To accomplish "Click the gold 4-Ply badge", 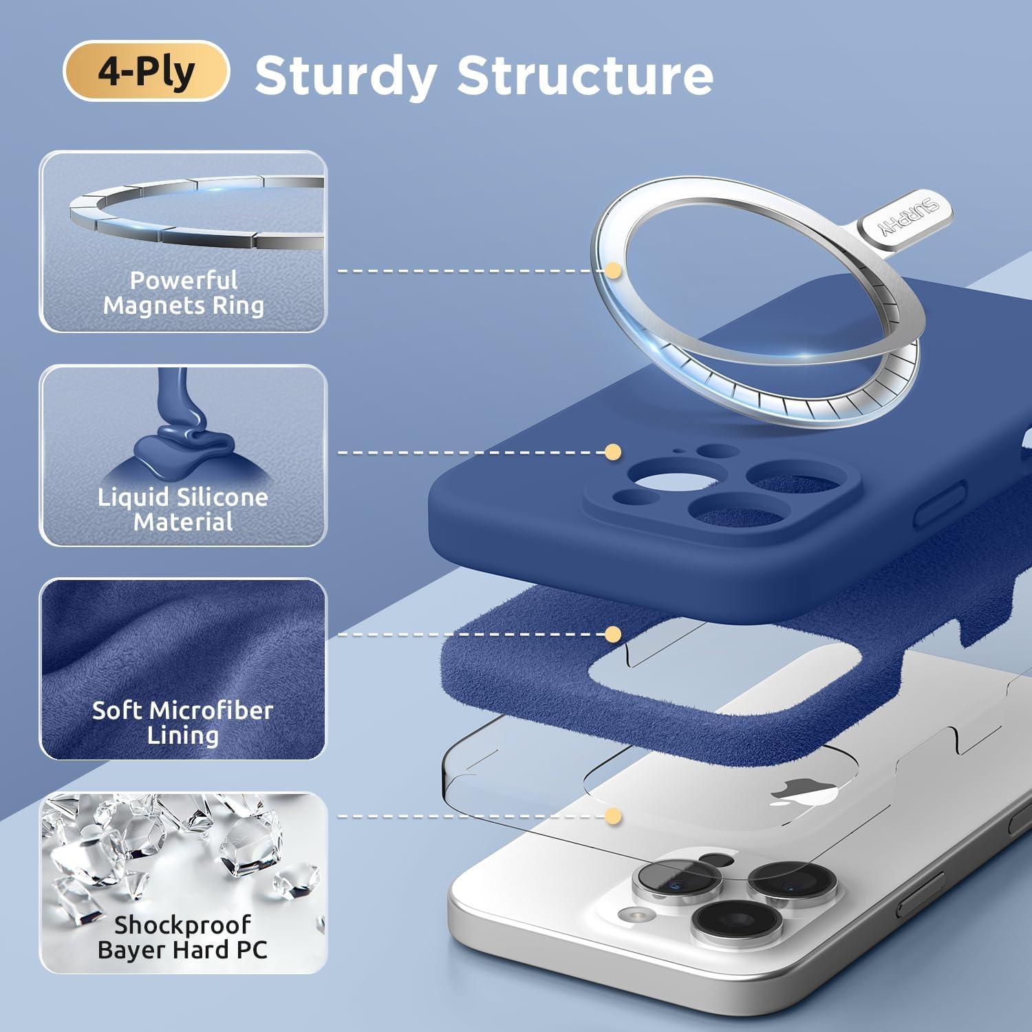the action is [x=146, y=71].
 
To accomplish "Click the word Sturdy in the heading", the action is [x=346, y=76].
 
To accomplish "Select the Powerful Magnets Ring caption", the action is [x=184, y=292].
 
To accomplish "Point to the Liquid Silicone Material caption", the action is [x=183, y=509].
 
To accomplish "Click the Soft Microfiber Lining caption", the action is [x=183, y=722].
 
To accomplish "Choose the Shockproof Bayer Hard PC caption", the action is [x=182, y=937].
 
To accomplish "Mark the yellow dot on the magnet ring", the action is [x=613, y=270].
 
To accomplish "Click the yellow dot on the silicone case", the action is [x=613, y=452].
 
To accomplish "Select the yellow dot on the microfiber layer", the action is [x=613, y=634].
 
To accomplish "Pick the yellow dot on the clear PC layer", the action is [x=613, y=817].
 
